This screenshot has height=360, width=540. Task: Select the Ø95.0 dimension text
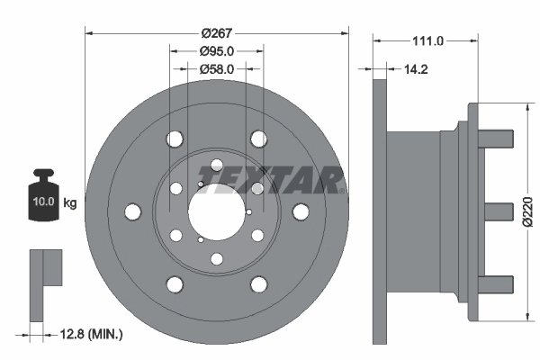(x=216, y=52)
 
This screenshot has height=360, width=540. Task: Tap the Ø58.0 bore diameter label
(x=216, y=68)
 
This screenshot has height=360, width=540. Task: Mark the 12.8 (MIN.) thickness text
(x=86, y=334)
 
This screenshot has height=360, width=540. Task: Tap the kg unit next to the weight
(x=70, y=202)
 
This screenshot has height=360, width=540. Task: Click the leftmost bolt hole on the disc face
(x=133, y=211)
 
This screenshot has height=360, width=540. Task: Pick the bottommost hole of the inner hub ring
(x=216, y=259)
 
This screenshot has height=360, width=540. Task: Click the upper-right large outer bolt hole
(x=259, y=139)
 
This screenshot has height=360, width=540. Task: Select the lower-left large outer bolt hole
(x=173, y=284)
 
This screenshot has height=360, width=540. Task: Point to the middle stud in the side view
(x=499, y=211)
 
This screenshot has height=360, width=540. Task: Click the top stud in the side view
(x=499, y=140)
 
